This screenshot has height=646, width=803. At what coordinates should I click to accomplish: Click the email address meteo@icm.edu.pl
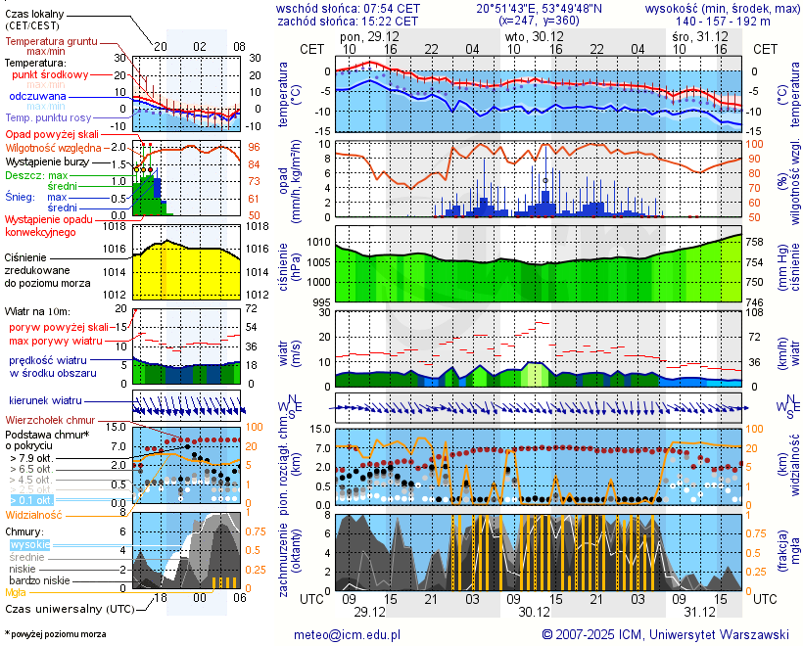[x=348, y=634]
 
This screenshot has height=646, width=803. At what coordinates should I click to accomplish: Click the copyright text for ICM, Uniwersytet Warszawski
[x=665, y=634]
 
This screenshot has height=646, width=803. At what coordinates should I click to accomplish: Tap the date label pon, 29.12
[x=363, y=35]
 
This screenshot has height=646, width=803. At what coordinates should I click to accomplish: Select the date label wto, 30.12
[x=529, y=35]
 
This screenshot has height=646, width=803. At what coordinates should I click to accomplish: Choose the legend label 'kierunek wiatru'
[x=45, y=400]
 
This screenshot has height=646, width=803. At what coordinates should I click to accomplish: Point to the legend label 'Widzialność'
[x=34, y=514]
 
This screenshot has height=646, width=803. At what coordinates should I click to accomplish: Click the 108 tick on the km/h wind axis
[x=762, y=314]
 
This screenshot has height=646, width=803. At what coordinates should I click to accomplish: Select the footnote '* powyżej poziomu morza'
[x=55, y=634]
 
